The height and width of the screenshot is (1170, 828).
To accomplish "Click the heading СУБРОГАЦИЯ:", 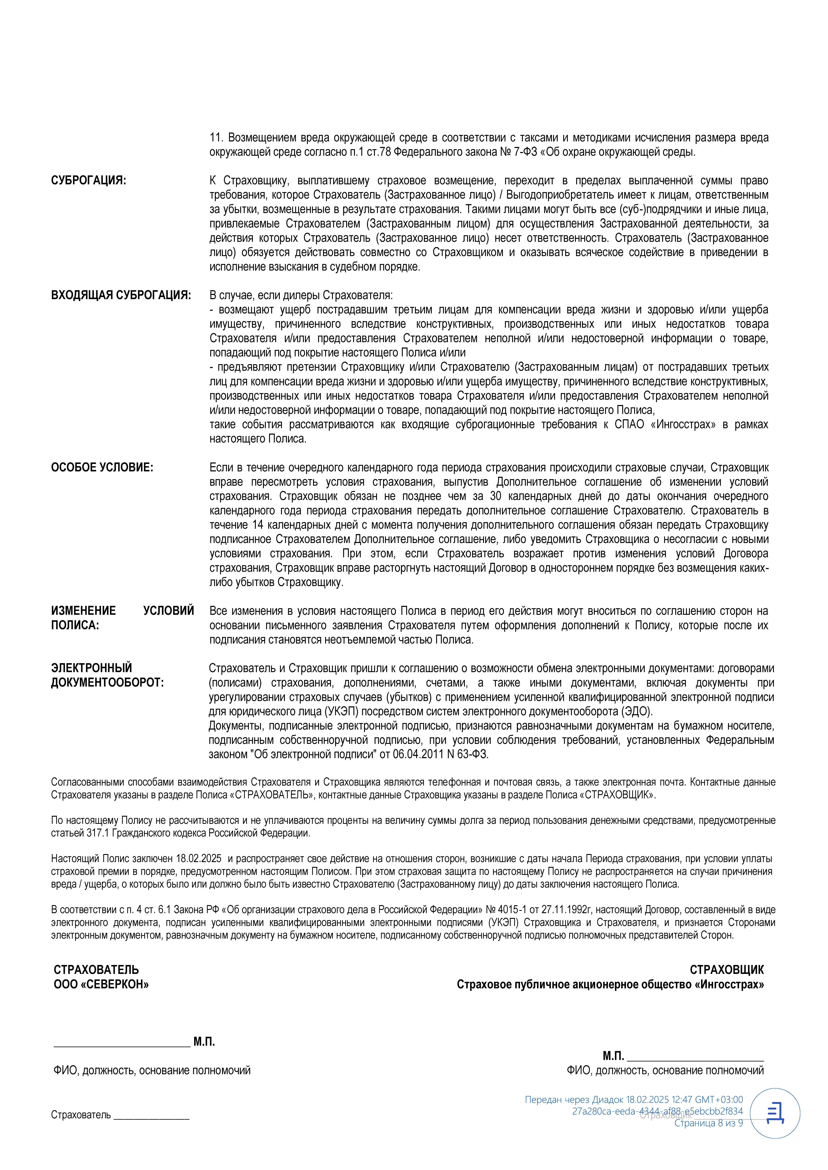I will (x=88, y=180).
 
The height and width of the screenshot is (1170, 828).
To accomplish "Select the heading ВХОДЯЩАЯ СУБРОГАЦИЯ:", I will (x=121, y=295).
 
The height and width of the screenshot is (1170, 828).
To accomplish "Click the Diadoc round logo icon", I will (x=775, y=1113).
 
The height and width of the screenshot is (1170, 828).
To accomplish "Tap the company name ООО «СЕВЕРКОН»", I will (x=101, y=984).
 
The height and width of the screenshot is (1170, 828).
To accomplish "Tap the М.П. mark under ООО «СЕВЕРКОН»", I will (x=204, y=1042).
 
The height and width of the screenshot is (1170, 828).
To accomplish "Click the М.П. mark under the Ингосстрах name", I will (x=613, y=1056).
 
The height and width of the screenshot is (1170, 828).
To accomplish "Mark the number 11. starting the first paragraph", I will (x=216, y=138).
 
